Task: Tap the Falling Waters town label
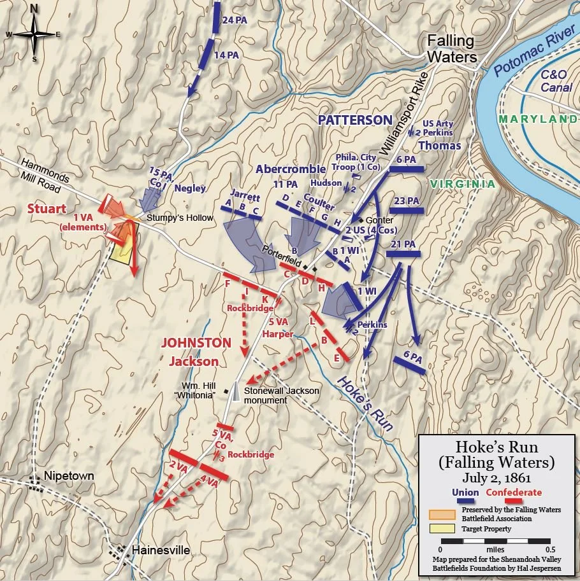tap(451, 49)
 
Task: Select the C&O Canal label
tap(556, 81)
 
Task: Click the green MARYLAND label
tap(539, 119)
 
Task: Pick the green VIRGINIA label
tap(462, 184)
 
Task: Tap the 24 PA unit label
tap(234, 20)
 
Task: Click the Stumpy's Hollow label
tap(179, 218)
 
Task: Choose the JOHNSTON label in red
tap(196, 342)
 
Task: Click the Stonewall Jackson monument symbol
tap(236, 391)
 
